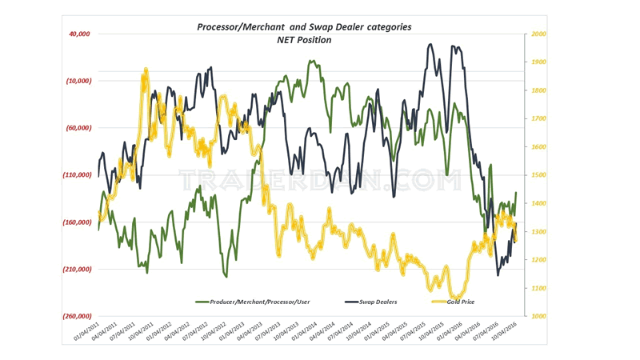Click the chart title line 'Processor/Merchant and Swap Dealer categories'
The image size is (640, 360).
pos(305,27)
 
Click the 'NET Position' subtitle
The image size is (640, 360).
pos(304,40)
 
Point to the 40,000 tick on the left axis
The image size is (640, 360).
pos(78,34)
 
